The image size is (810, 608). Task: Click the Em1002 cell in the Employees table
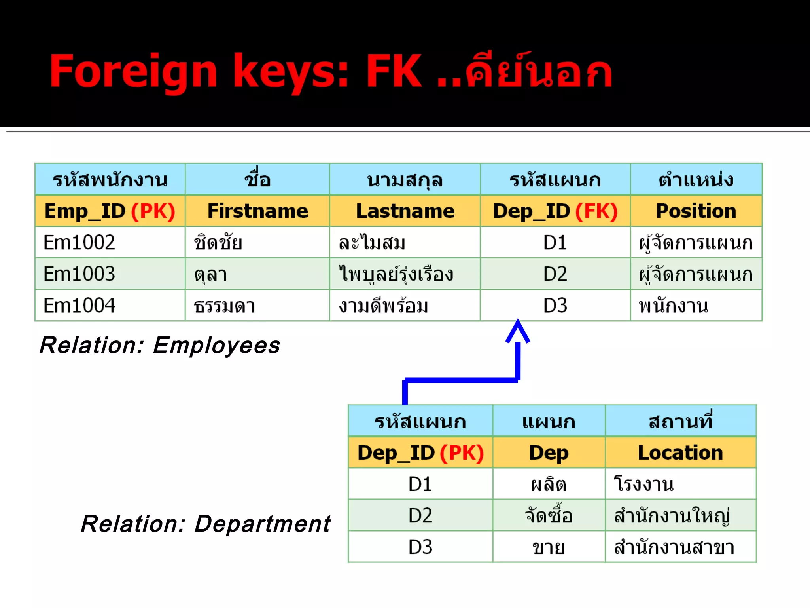click(79, 242)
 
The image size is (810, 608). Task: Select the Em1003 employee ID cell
click(79, 274)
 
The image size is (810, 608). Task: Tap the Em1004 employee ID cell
click(79, 306)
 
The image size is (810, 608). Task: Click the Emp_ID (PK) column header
click(110, 211)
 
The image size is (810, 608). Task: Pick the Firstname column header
click(257, 211)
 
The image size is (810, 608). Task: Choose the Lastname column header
click(405, 211)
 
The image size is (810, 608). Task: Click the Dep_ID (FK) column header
click(555, 211)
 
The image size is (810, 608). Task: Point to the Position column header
click(696, 211)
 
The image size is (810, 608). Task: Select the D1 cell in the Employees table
click(555, 242)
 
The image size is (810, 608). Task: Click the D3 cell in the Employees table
click(555, 306)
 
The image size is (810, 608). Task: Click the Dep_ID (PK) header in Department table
click(420, 453)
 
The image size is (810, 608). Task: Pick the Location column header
click(680, 453)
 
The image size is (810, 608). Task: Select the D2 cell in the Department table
click(420, 516)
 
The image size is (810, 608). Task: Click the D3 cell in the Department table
click(420, 547)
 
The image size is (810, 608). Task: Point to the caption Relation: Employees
click(160, 345)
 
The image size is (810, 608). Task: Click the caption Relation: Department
click(206, 524)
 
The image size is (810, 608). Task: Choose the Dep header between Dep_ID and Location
click(549, 453)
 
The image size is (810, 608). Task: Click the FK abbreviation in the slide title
click(394, 71)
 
